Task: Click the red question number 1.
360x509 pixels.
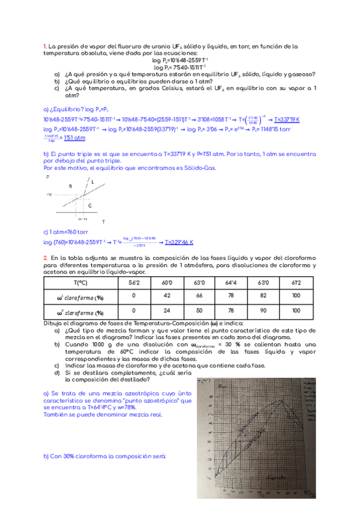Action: coord(44,46)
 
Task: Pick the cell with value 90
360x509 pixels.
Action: coord(262,311)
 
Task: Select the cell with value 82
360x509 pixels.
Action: coord(262,295)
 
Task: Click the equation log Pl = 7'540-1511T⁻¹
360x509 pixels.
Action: coord(180,68)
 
